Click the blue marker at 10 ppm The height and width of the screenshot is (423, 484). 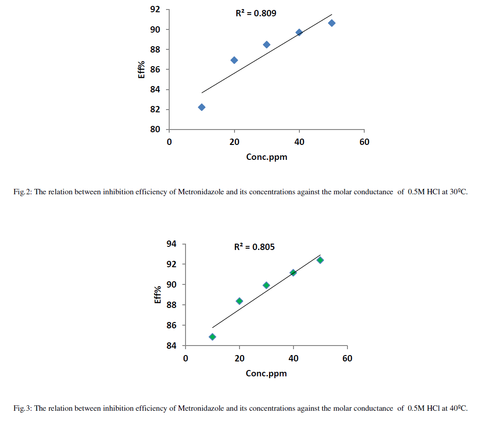(201, 107)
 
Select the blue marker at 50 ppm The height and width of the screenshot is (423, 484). (332, 23)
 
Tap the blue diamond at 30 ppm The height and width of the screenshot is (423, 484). (267, 44)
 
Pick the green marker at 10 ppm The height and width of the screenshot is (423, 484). (212, 337)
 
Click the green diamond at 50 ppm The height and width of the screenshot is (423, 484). (320, 260)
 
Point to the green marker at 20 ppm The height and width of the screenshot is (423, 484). (240, 301)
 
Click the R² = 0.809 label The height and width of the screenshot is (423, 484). (256, 14)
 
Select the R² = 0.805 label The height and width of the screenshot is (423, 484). (254, 247)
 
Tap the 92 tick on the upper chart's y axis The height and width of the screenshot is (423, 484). (156, 10)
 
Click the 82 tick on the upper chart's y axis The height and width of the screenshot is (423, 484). (156, 110)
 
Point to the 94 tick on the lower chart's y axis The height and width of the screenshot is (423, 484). (171, 244)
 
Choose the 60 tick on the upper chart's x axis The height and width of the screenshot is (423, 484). (364, 142)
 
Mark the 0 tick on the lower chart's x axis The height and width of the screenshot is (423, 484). (186, 359)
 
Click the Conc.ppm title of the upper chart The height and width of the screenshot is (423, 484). (267, 157)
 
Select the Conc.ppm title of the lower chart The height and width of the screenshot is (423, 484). (266, 374)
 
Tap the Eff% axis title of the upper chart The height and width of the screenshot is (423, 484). (142, 69)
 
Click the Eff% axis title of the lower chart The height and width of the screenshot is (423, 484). (158, 295)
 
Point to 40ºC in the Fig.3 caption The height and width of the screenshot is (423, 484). (458, 409)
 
